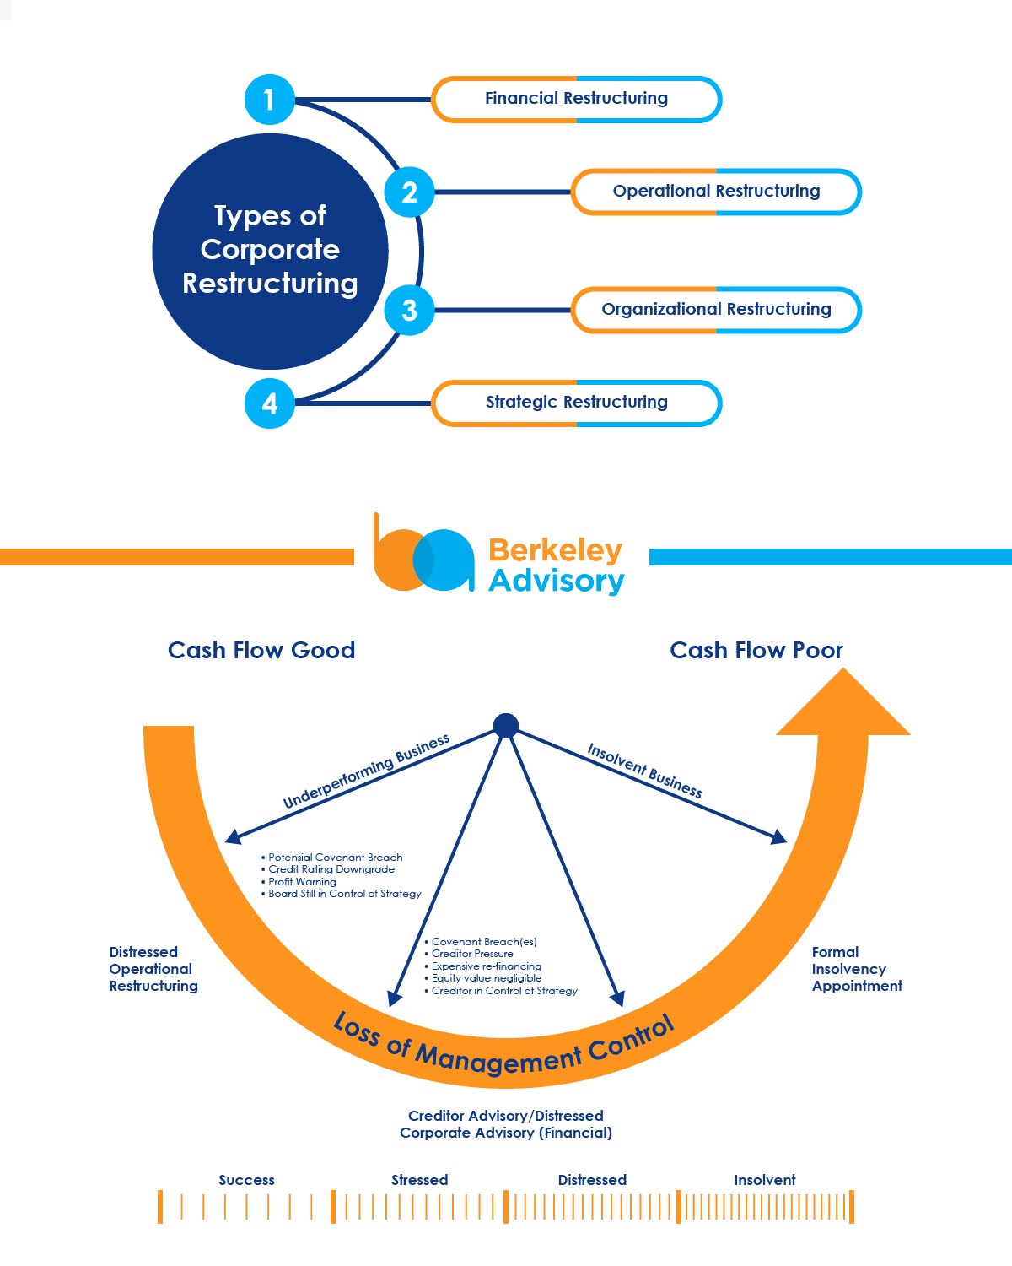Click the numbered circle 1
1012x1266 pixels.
[x=269, y=100]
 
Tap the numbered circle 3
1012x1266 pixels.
[x=409, y=310]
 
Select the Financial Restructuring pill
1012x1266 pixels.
[x=576, y=99]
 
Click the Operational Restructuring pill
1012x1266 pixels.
[x=716, y=192]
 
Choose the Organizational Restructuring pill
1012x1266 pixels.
[x=716, y=310]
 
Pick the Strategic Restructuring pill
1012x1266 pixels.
[x=576, y=403]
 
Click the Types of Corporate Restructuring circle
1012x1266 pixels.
[x=270, y=251]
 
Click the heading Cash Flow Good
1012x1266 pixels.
[x=261, y=650]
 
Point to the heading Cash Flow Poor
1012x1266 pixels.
[x=756, y=650]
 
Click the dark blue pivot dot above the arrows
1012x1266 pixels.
[x=505, y=725]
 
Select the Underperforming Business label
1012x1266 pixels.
[x=366, y=771]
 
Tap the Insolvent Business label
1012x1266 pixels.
[x=645, y=770]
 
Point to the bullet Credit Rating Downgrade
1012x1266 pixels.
[x=331, y=869]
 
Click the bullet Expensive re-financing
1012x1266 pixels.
[x=486, y=966]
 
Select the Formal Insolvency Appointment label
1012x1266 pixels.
[x=856, y=969]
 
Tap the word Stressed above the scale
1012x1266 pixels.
[x=419, y=1180]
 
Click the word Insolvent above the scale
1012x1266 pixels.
[x=764, y=1180]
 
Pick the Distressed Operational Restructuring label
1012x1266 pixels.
[x=153, y=969]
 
